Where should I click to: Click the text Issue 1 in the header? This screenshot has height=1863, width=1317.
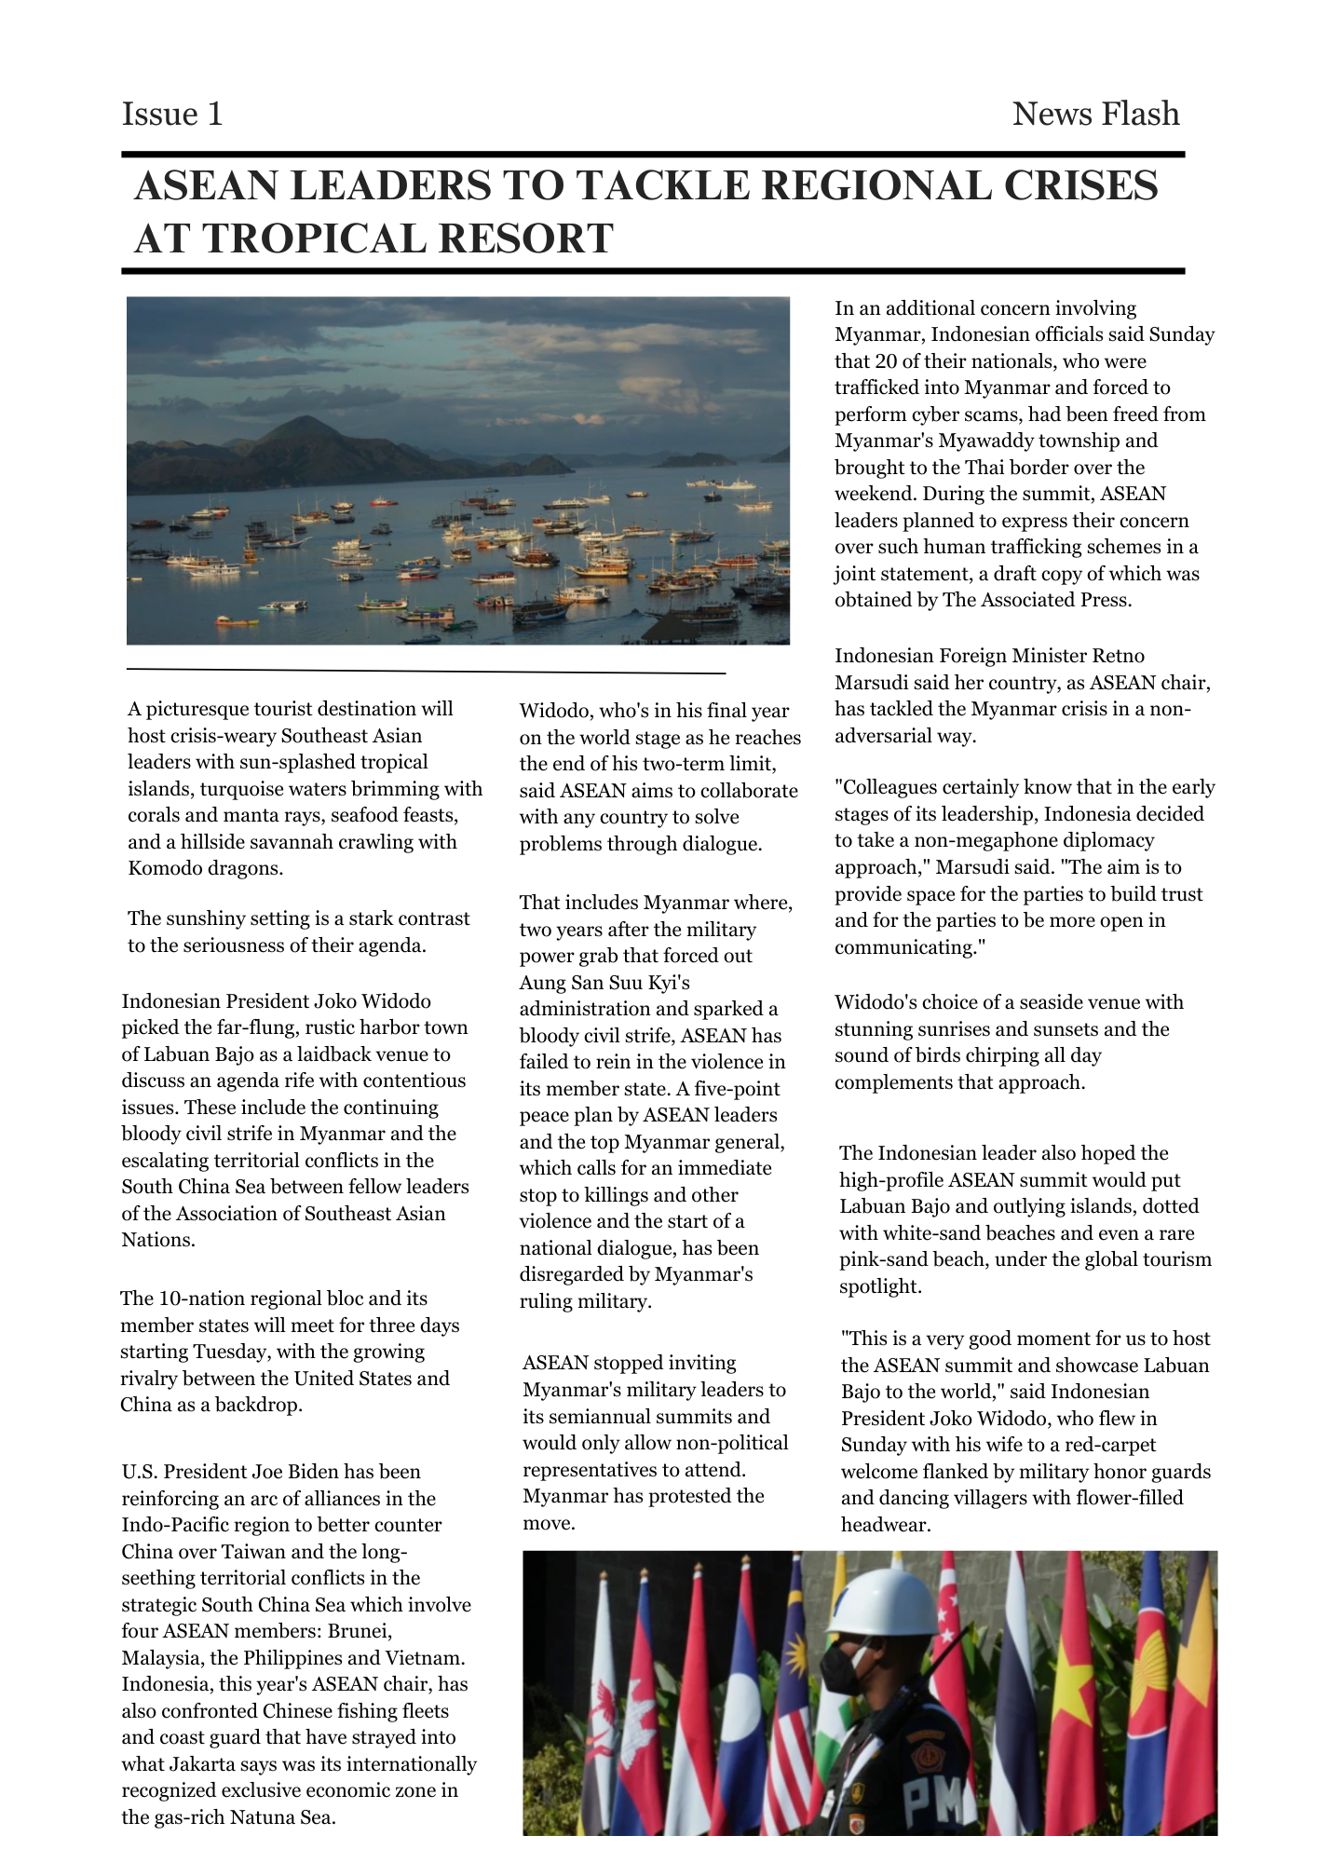172,114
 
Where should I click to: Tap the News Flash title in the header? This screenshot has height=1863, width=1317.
1095,114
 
